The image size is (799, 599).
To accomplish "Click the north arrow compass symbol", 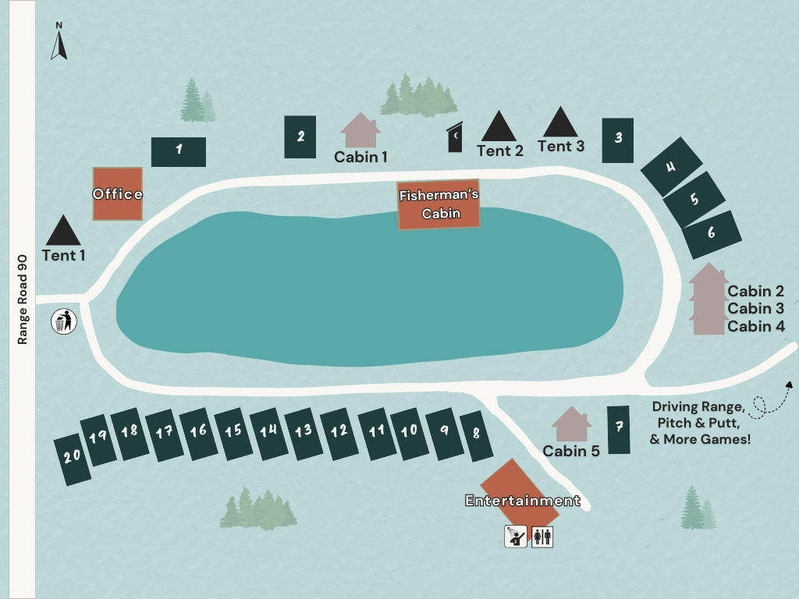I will (59, 42).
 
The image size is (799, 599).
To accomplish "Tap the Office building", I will (118, 193).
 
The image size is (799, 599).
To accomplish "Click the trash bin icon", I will (63, 321).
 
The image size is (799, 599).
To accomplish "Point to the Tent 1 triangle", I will (63, 231).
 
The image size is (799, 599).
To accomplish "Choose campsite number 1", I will (179, 151).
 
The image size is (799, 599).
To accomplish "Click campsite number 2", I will (300, 137).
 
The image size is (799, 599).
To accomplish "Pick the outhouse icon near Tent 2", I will (454, 139).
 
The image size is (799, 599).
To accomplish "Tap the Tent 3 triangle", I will (559, 122).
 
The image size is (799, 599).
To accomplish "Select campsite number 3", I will (618, 140).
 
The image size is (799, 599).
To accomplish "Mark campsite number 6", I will (712, 234).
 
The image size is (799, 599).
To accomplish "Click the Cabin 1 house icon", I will (360, 130).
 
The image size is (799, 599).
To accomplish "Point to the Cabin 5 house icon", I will (571, 424).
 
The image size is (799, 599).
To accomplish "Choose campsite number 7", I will (619, 430).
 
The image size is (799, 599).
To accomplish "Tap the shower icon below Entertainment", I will (515, 537).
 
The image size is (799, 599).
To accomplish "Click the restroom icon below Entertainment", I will (542, 537).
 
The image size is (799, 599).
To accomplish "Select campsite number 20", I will (73, 460).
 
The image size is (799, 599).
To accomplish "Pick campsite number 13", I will (304, 433).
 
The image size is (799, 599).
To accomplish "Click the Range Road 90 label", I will (23, 299).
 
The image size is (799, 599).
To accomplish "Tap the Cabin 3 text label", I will (755, 309).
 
